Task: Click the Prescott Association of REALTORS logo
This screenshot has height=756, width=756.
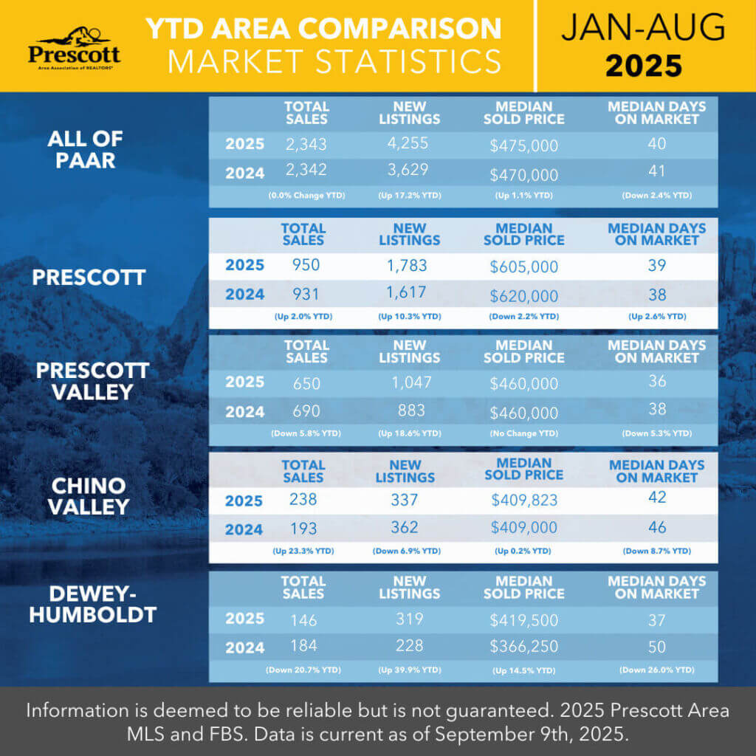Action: pyautogui.click(x=74, y=48)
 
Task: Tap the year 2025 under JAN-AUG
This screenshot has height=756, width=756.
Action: pyautogui.click(x=644, y=66)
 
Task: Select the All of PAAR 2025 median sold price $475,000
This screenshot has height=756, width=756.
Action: pyautogui.click(x=523, y=145)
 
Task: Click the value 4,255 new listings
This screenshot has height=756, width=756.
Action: pyautogui.click(x=408, y=143)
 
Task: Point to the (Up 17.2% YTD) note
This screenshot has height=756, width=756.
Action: pyautogui.click(x=409, y=195)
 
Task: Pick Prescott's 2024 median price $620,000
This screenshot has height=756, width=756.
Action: pyautogui.click(x=523, y=295)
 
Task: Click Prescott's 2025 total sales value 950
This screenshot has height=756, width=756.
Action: pyautogui.click(x=306, y=265)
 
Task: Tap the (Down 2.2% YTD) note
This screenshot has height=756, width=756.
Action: pyautogui.click(x=523, y=316)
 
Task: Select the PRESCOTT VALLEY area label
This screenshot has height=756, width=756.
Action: pyautogui.click(x=92, y=381)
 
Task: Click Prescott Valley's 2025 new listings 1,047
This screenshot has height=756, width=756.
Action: pyautogui.click(x=411, y=382)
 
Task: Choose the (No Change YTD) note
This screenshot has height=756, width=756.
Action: pyautogui.click(x=523, y=433)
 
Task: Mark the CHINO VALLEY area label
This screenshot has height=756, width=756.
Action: pyautogui.click(x=89, y=496)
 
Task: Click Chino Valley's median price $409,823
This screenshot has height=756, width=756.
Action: pyautogui.click(x=524, y=500)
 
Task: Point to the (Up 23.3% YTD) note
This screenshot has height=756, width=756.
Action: pyautogui.click(x=303, y=551)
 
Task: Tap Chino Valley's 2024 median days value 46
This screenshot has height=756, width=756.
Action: pyautogui.click(x=656, y=527)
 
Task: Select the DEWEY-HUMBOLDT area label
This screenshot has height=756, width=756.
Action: pyautogui.click(x=92, y=604)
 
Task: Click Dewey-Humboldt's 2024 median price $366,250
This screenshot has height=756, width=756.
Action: pyautogui.click(x=523, y=646)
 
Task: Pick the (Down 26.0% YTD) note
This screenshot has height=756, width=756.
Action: pyautogui.click(x=656, y=670)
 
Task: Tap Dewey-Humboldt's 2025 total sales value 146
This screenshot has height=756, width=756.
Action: pyautogui.click(x=303, y=619)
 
